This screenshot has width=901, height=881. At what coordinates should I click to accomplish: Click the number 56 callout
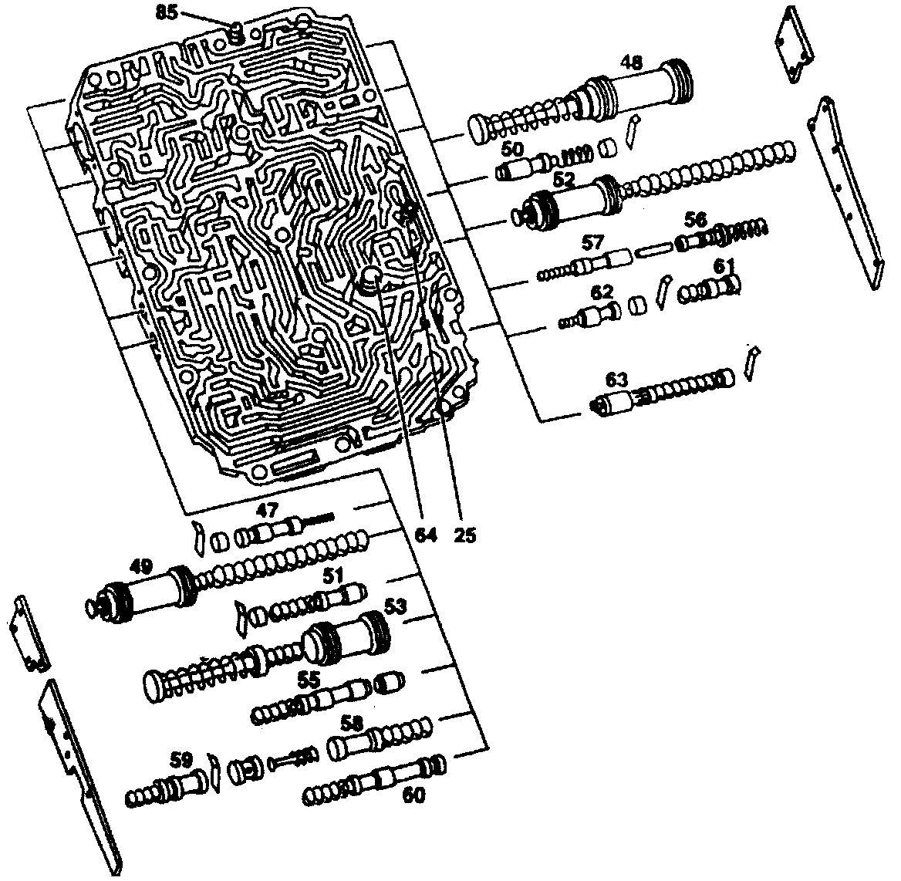click(x=696, y=219)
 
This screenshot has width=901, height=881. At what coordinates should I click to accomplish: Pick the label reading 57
click(x=593, y=242)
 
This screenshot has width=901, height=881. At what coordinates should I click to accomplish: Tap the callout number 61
click(x=723, y=266)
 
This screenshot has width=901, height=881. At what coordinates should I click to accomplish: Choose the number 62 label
click(x=601, y=292)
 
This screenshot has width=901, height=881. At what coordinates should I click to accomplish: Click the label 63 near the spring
click(x=617, y=380)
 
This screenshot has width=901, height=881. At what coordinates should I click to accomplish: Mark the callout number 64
click(x=426, y=535)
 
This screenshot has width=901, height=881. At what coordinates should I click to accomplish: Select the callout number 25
click(x=464, y=535)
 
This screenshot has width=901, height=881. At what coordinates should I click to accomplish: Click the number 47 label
click(x=267, y=509)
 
